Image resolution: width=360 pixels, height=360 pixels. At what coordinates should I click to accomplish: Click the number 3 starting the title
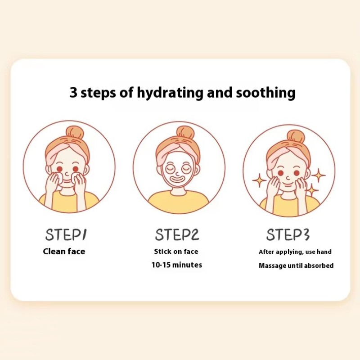point(73,93)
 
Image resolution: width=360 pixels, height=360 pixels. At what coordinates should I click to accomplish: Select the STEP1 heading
point(66,234)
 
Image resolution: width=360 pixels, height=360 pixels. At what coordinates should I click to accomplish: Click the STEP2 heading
point(177,234)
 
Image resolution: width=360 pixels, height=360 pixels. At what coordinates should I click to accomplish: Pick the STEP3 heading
point(288,234)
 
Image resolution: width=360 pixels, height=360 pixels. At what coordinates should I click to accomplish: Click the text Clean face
point(64,252)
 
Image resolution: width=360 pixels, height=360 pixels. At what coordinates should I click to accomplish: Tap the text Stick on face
point(176,252)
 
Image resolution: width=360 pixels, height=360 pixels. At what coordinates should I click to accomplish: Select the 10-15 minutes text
point(176,265)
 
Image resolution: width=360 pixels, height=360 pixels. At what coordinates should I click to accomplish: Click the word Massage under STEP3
point(273,265)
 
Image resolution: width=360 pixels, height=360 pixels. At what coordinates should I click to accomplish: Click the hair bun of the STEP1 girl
point(74,133)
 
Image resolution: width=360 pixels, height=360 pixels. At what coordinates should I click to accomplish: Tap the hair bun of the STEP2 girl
point(184,133)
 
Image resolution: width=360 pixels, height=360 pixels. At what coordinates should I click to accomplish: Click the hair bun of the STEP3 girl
point(295,136)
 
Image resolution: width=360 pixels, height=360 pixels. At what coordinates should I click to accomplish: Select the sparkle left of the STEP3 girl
point(259,180)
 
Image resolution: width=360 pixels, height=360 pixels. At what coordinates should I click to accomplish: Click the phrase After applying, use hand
point(295,252)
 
